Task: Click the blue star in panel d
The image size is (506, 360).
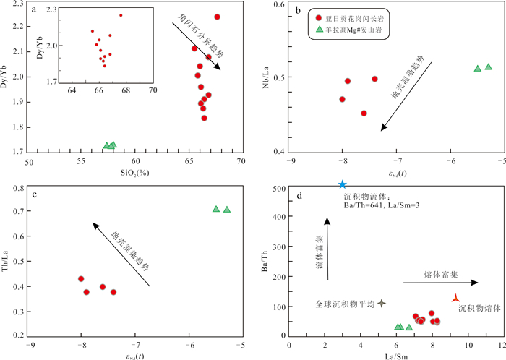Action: [342, 185]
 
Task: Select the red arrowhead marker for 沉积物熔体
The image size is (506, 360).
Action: [455, 299]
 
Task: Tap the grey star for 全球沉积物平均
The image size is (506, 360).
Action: [382, 304]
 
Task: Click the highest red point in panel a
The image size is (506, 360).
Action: [217, 17]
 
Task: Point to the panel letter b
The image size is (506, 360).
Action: [299, 9]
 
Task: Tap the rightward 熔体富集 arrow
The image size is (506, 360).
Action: [430, 283]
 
